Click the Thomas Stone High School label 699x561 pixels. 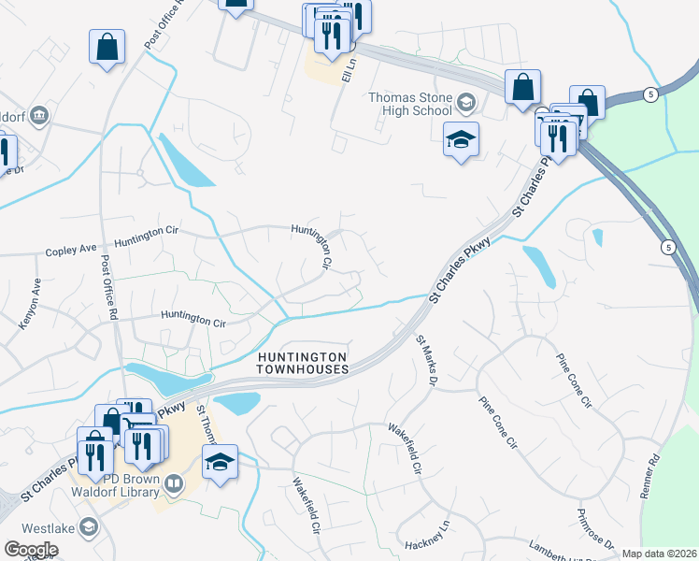pos(410,104)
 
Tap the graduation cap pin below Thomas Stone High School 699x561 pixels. pos(461,139)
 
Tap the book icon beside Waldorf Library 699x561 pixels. pos(172,483)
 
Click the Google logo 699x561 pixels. pos(31,549)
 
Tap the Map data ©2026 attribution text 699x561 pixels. pos(659,554)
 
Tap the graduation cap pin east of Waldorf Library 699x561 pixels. pos(220,463)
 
